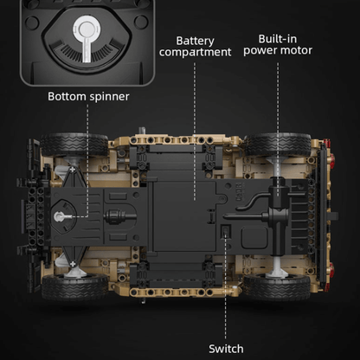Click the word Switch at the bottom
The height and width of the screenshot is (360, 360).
tap(226, 349)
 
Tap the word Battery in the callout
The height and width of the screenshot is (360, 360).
tap(195, 41)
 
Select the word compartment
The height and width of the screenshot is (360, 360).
tap(195, 52)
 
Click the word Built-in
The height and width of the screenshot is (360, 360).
tap(278, 39)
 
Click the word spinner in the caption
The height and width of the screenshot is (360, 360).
tap(109, 97)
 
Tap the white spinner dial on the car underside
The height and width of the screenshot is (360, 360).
tap(61, 216)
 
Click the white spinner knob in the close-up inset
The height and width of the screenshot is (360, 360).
tap(86, 37)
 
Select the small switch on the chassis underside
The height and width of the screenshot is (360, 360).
tap(225, 231)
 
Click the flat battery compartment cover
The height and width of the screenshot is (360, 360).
tap(184, 216)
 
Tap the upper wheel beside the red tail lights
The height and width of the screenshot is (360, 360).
tap(278, 145)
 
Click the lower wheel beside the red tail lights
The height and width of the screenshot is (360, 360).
tap(278, 287)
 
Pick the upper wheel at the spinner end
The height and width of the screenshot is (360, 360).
tap(74, 145)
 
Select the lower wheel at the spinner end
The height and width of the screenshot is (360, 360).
tap(74, 287)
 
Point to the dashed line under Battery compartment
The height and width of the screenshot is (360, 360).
tap(195, 132)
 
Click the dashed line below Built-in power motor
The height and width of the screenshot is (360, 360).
tap(278, 129)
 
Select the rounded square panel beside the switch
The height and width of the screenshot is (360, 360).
tap(254, 237)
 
